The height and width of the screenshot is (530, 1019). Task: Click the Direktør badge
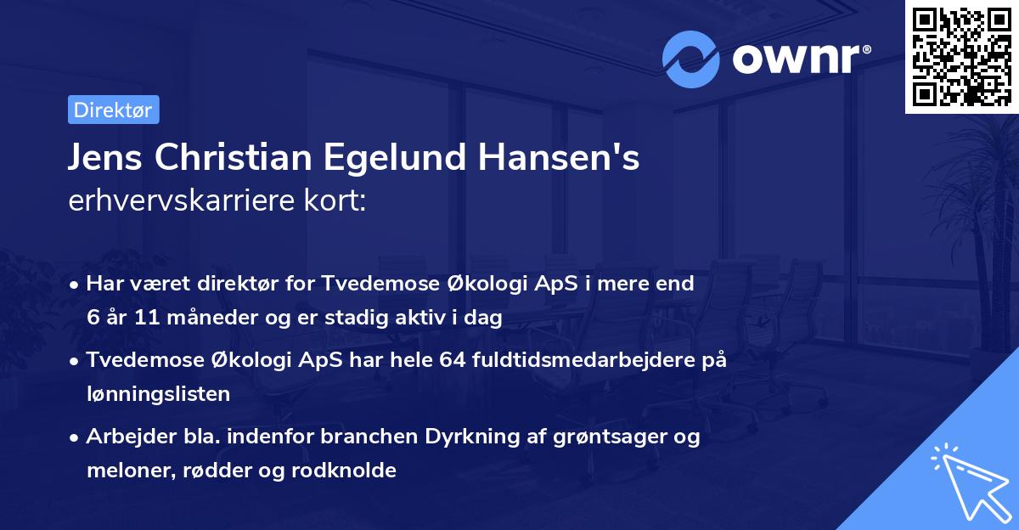[113, 110]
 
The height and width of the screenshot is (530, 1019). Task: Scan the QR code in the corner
[961, 56]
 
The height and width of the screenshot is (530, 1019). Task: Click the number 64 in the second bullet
[452, 360]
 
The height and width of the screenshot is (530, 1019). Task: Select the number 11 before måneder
[146, 319]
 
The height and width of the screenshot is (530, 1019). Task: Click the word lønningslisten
[158, 393]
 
